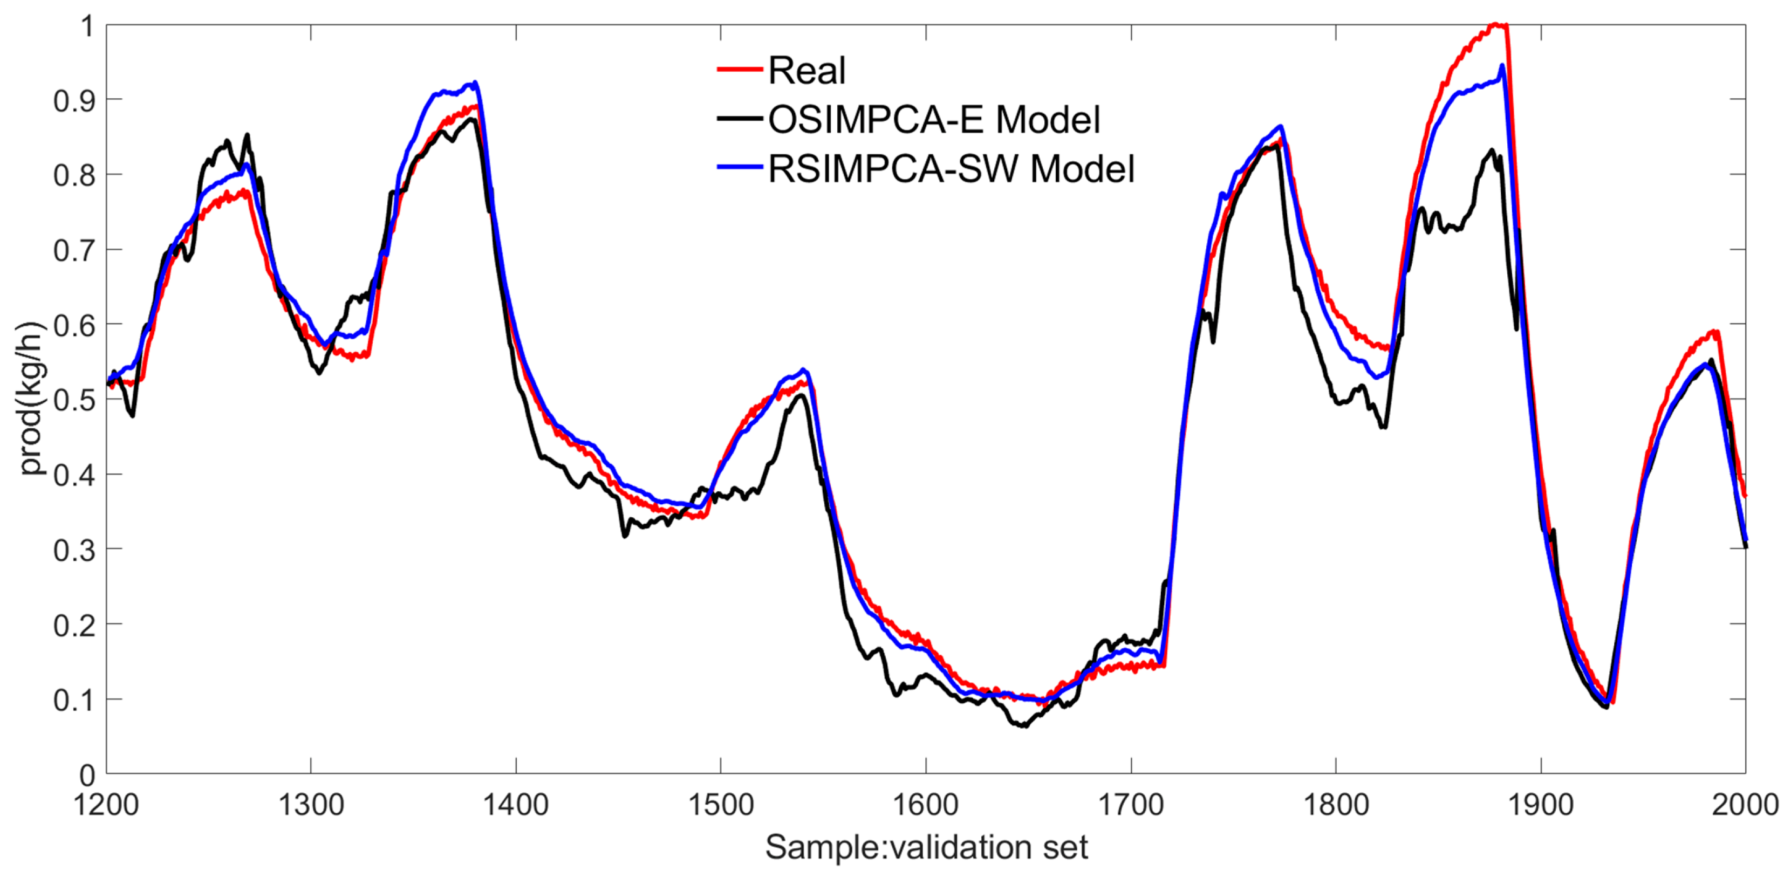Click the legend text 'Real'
coord(806,70)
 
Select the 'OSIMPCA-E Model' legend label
coord(934,120)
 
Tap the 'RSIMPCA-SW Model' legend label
coord(951,169)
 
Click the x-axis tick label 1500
coord(720,805)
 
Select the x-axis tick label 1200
coord(106,805)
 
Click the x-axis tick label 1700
coord(1131,805)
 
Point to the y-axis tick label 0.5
coord(74,400)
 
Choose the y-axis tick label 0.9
coord(74,101)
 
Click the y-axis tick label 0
coord(87,774)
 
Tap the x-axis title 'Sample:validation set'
coord(926,847)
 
